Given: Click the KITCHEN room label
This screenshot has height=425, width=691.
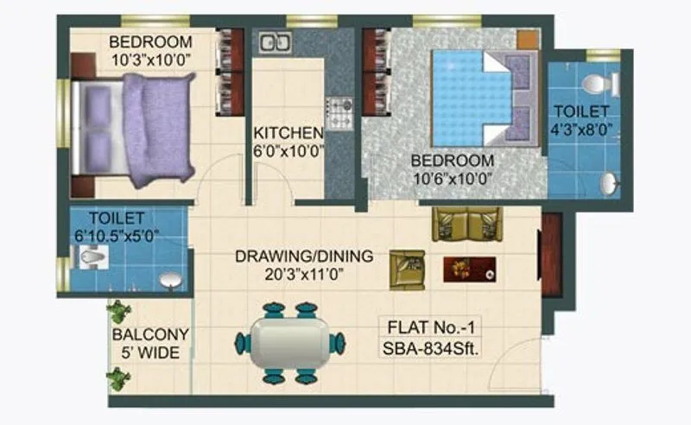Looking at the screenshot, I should (288, 133).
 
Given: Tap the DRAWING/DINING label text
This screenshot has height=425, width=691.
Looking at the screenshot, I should (304, 256).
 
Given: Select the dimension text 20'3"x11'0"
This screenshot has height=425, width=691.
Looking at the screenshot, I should (304, 272).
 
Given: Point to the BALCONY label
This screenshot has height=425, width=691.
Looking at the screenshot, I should (149, 334).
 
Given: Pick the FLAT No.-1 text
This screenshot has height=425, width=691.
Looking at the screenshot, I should (429, 328).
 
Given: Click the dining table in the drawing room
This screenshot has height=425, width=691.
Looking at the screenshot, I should (288, 342).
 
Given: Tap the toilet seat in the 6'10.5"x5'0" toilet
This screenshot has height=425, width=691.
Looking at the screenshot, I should (90, 256).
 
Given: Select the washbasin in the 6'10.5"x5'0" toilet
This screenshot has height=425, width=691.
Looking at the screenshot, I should (168, 280).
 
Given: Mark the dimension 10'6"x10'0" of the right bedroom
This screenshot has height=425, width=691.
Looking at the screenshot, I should (453, 179).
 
